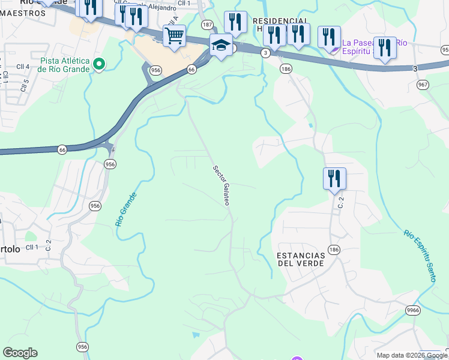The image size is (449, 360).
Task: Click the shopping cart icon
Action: pyautogui.click(x=174, y=35)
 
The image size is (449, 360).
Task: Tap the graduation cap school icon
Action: pyautogui.click(x=221, y=44)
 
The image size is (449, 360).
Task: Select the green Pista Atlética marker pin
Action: pyautogui.click(x=100, y=63)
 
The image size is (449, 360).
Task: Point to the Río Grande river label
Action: pyautogui.click(x=126, y=209)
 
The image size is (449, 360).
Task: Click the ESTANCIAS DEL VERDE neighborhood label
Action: pyautogui.click(x=300, y=259)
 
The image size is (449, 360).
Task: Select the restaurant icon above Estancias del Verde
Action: pyautogui.click(x=334, y=178)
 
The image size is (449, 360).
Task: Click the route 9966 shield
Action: pyautogui.click(x=412, y=310)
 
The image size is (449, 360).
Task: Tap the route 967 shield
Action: pyautogui.click(x=423, y=85)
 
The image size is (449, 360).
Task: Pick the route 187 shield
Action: pyautogui.click(x=208, y=25)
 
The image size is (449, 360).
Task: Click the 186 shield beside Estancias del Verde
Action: pyautogui.click(x=334, y=248)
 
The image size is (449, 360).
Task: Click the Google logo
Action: pyautogui.click(x=20, y=353)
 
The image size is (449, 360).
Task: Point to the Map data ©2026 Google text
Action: pyautogui.click(x=412, y=355)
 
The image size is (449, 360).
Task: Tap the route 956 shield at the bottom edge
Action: pyautogui.click(x=83, y=347)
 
